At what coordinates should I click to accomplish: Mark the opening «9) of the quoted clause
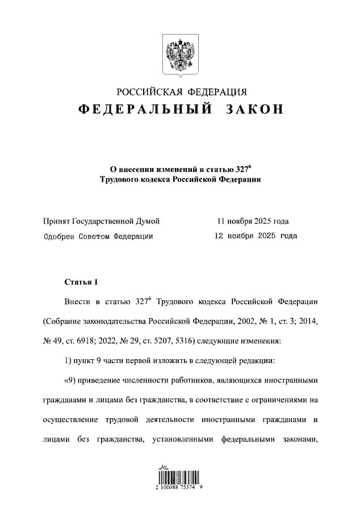(x=72, y=380)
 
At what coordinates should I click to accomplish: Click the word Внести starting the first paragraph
(x=77, y=301)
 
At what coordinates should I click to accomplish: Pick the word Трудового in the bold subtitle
(x=118, y=179)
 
